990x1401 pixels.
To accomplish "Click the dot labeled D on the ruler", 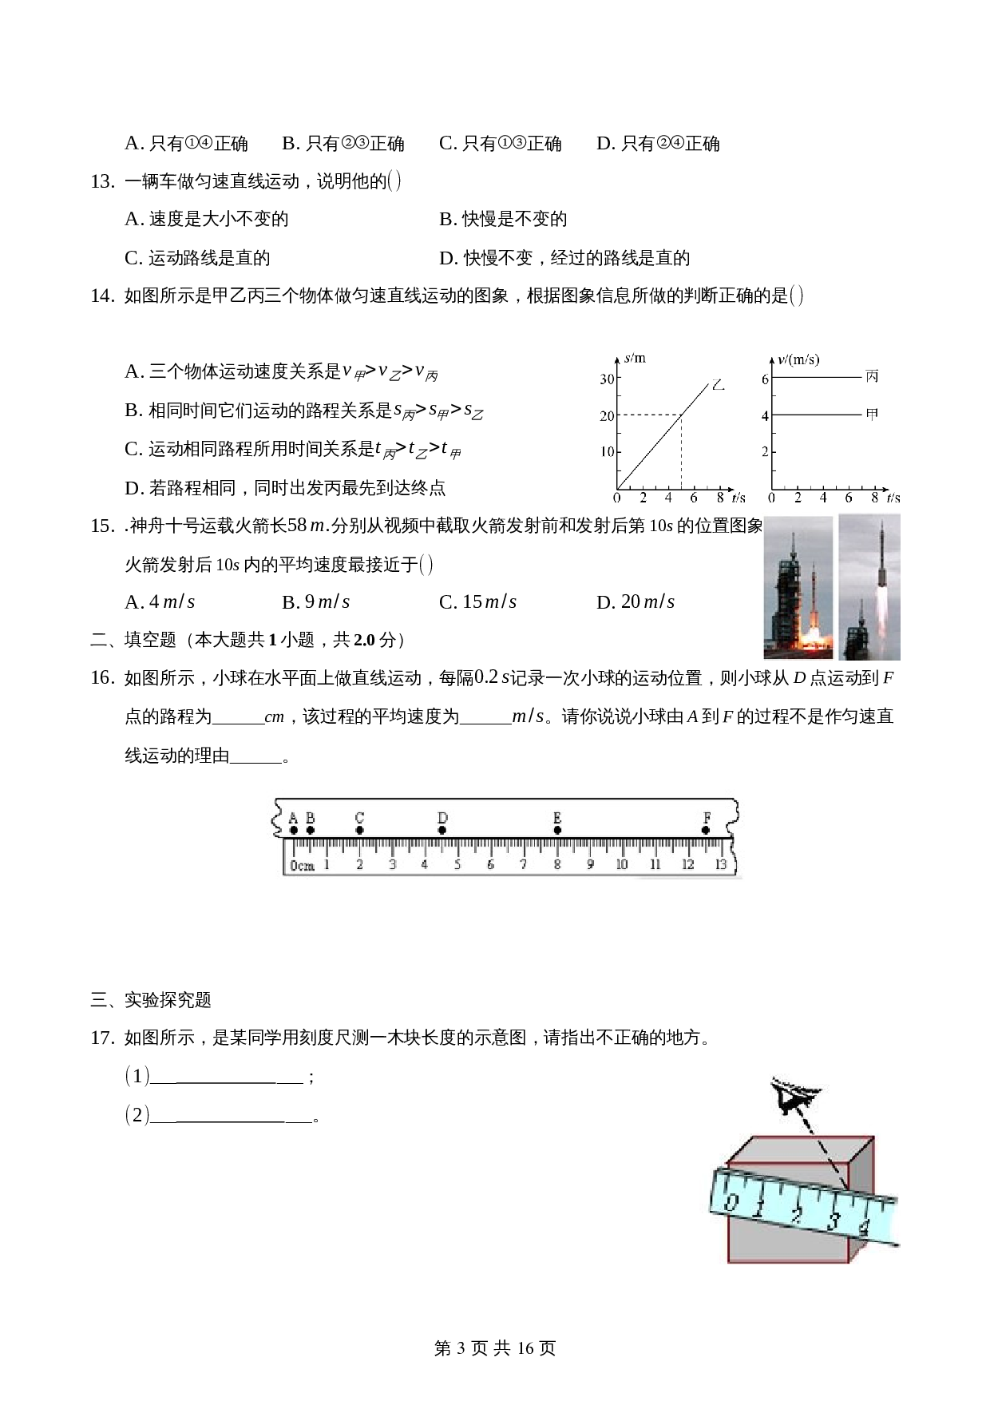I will coord(442,830).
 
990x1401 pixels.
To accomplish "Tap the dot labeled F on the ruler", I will coord(706,830).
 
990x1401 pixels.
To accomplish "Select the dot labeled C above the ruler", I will coord(359,830).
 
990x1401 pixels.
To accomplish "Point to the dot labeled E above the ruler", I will coord(557,830).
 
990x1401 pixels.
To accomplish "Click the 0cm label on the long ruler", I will coord(302,865).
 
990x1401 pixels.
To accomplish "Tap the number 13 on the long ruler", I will coord(721,864).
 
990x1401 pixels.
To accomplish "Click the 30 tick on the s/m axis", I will coord(608,379).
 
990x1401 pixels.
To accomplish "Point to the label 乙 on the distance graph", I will coord(718,385).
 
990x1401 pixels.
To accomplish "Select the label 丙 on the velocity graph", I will coord(872,376).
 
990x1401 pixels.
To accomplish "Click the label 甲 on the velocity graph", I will coord(872,415).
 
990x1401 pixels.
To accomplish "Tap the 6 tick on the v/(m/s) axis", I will coord(765,379).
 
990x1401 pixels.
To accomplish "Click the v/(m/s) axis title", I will coord(798,359).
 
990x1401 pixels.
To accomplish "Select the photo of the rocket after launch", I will coord(869,587).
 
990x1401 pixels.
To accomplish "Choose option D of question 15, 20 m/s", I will coord(636,602).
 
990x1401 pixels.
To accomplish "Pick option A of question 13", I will coord(207,220).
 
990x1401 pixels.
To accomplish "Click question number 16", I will coord(102,678).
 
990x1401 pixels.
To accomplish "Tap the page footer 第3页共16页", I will coord(495,1348).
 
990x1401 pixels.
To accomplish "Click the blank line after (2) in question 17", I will coord(231,1116).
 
